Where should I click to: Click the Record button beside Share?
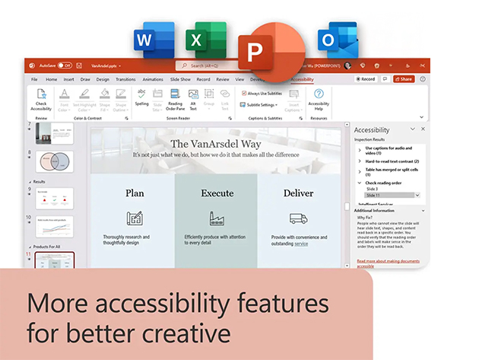pyautogui.click(x=366, y=79)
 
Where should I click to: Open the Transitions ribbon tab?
pyautogui.click(x=125, y=79)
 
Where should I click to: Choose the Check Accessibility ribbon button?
pyautogui.click(x=41, y=100)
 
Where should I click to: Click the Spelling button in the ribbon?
pyautogui.click(x=142, y=97)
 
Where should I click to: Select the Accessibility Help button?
pyautogui.click(x=319, y=100)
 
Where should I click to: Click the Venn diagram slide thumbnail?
pyautogui.click(x=55, y=163)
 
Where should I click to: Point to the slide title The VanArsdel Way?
pyautogui.click(x=217, y=143)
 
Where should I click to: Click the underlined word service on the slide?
pyautogui.click(x=301, y=244)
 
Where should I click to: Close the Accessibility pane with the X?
pyautogui.click(x=423, y=129)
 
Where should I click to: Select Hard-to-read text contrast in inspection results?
pyautogui.click(x=391, y=161)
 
